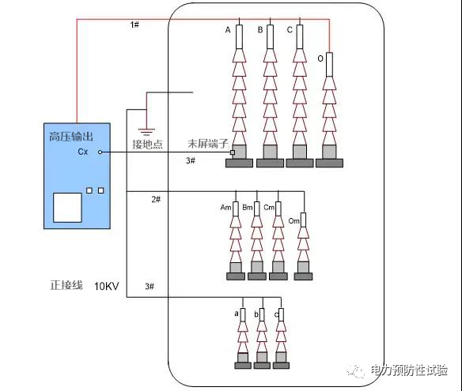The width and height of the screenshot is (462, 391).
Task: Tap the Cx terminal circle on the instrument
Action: [100, 152]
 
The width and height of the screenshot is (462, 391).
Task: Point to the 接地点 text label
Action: [146, 144]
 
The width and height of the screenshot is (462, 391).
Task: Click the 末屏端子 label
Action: [207, 144]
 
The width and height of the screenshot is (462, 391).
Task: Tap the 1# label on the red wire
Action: [134, 25]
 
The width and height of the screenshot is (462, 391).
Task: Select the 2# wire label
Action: [156, 199]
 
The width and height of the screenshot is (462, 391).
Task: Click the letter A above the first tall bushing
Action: [228, 31]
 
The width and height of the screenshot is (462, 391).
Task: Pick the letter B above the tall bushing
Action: [260, 31]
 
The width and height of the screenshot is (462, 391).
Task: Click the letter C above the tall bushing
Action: [290, 31]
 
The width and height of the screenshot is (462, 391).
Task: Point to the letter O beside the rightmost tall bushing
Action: [320, 58]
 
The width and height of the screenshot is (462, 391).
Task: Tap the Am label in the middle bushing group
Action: [225, 207]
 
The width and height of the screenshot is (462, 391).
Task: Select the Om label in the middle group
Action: [294, 220]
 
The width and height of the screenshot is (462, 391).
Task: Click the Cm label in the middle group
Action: [269, 207]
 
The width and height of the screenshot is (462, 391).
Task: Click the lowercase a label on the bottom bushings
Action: [236, 314]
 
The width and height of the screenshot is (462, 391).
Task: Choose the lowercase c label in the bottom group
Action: [275, 314]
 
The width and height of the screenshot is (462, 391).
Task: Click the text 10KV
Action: [107, 285]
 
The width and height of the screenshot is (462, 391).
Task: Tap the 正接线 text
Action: [66, 284]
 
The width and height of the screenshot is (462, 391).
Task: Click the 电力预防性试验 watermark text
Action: [409, 370]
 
